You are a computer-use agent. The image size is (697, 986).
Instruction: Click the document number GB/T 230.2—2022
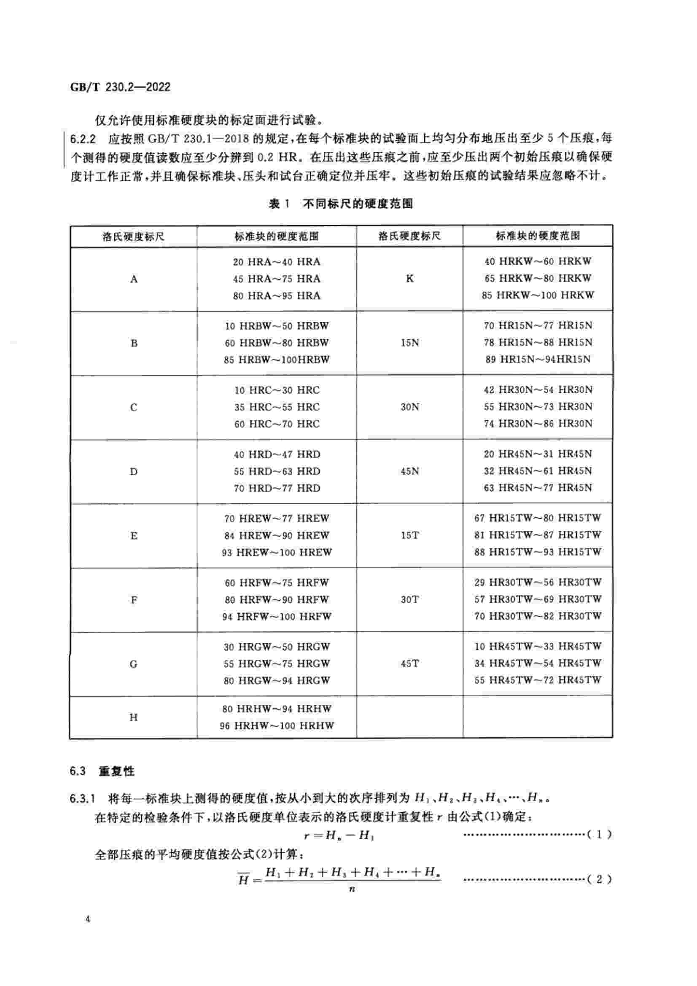120,87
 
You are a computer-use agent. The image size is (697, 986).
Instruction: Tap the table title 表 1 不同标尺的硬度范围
341,204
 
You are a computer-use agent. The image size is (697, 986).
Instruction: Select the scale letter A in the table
134,279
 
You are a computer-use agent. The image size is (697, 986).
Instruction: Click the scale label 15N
409,343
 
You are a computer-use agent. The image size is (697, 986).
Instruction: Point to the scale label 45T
409,664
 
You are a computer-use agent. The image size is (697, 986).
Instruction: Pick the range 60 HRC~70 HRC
277,424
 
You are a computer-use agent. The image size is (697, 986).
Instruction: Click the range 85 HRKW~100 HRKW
538,296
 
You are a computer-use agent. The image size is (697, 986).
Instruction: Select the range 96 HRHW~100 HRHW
277,726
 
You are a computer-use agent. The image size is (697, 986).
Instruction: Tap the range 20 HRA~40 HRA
277,262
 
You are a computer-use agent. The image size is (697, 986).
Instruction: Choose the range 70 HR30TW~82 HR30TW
538,616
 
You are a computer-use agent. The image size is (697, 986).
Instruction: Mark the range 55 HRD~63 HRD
277,471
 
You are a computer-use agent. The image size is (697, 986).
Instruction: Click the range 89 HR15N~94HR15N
538,360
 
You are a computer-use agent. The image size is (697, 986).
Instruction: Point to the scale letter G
134,664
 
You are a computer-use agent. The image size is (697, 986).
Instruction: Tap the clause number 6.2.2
83,139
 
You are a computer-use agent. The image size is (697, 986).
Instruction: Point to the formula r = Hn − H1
339,835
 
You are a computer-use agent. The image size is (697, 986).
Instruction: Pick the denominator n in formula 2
352,889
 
